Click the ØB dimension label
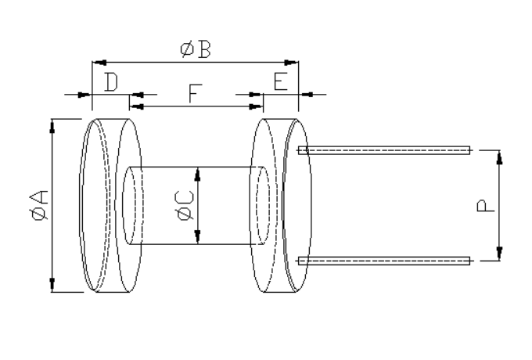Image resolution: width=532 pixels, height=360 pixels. (195, 49)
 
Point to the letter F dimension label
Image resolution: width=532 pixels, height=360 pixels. (195, 95)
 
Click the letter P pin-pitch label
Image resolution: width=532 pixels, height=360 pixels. (484, 206)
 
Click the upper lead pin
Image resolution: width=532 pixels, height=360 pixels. (383, 149)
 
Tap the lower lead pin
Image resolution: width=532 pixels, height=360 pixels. (383, 261)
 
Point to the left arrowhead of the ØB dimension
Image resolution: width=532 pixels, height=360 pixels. (98, 60)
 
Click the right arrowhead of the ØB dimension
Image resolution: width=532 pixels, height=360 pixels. (294, 60)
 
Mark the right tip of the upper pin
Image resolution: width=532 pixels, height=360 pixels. (468, 149)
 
